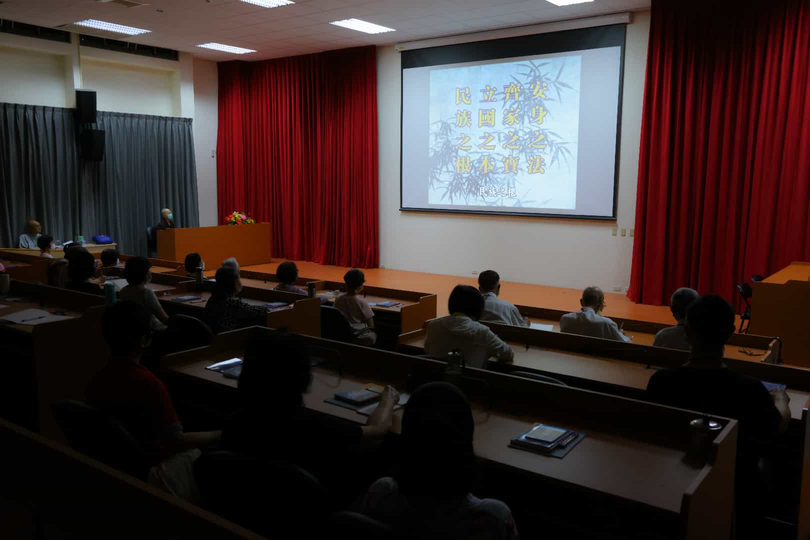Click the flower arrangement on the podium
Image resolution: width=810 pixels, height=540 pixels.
pyautogui.click(x=239, y=218)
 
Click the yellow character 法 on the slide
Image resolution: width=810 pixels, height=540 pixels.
pyautogui.click(x=536, y=165)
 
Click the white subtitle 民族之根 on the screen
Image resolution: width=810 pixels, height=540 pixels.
pyautogui.click(x=497, y=192)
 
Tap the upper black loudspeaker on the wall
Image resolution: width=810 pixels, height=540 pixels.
pyautogui.click(x=86, y=107)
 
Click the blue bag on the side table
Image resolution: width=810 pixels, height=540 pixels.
pyautogui.click(x=102, y=239)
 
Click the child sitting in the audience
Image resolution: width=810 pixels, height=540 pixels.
pyautogui.click(x=355, y=306)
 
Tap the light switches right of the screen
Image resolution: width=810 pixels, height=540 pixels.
pyautogui.click(x=622, y=232)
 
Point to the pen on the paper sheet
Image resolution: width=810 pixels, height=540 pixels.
pyautogui.click(x=32, y=319)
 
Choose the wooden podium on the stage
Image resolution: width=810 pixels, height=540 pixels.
pyautogui.click(x=214, y=245)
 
